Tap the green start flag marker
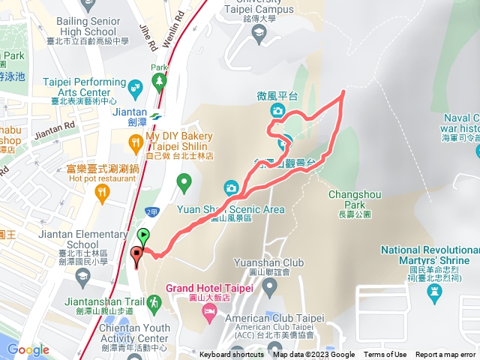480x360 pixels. click(x=143, y=235)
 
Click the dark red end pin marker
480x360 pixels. click(x=136, y=256)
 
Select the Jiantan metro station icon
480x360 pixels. click(x=155, y=116)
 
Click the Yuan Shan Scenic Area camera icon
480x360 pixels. click(x=231, y=187)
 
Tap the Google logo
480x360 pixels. click(x=28, y=349)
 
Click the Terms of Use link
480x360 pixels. click(x=385, y=355)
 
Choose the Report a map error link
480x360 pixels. click(x=445, y=355)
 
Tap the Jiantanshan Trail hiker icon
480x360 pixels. click(x=155, y=302)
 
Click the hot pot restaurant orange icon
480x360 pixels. click(x=102, y=192)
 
